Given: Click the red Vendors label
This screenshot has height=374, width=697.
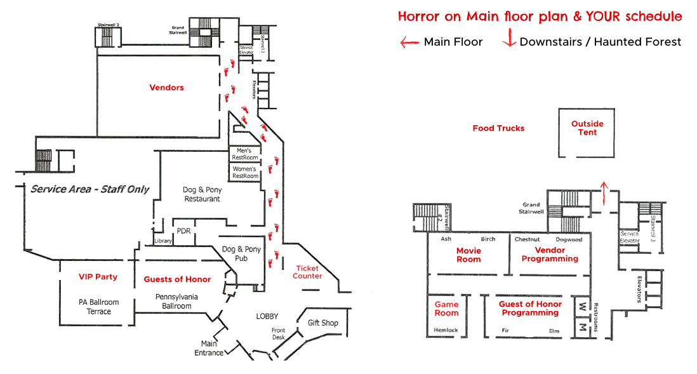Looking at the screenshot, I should coord(166,88).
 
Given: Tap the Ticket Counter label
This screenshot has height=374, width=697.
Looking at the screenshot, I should coord(307,272).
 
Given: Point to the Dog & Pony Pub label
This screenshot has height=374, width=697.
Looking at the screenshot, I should coord(241,254).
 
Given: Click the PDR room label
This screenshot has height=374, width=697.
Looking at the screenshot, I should coord(183,230).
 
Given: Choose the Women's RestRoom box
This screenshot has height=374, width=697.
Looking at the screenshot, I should coord(244,172).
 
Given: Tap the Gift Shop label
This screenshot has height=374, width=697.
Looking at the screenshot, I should coord(322,323).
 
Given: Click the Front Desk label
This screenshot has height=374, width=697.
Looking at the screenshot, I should coord(278,334).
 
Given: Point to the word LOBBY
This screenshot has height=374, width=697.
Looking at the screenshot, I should coord(267,316).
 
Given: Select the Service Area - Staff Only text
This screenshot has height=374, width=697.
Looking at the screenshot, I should coord(90,189).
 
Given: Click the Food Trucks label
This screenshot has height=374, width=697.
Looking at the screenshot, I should coord(498,128).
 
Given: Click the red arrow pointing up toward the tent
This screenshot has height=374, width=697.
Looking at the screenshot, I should coord(603,193).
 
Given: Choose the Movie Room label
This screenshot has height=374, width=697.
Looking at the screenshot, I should coord(468,255).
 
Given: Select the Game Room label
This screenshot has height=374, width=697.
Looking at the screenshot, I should coord(446,309).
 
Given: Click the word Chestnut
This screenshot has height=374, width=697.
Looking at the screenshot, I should coord(527,239).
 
